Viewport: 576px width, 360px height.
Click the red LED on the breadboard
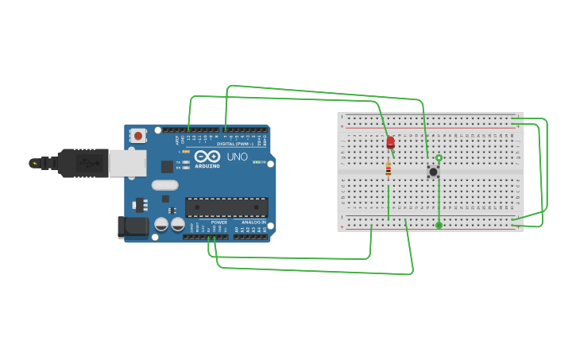pos(390,143)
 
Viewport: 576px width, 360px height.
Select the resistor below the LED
pos(388,169)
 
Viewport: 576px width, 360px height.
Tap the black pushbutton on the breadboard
pos(433,172)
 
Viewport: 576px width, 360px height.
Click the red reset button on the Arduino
pos(138,136)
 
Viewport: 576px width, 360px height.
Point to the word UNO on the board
pos(237,157)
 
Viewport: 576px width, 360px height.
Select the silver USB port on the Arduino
pos(127,163)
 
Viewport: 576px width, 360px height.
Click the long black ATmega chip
pos(226,207)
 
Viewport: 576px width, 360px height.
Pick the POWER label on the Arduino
pos(219,223)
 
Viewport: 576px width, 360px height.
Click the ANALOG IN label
pos(254,223)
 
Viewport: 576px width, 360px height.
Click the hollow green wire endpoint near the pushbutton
pos(439,158)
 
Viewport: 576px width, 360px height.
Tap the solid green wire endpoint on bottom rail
pos(439,226)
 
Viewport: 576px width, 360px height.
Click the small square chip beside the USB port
pos(167,166)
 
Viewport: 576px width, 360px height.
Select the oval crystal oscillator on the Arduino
pos(165,186)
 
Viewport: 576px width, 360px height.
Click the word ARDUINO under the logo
pos(207,166)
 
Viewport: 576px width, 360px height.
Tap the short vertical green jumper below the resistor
pos(388,202)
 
